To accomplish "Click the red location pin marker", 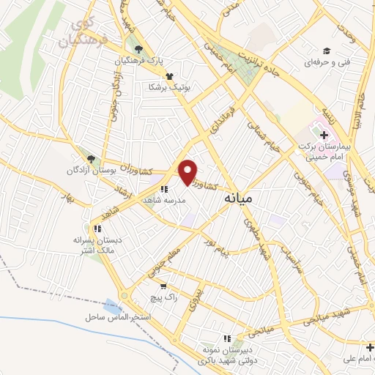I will tap(188, 171).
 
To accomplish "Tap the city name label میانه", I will tap(238, 198).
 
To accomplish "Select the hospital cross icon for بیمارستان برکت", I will tap(324, 134).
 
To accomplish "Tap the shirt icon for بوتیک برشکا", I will tap(170, 75).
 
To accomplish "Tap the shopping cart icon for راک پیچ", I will tap(163, 286).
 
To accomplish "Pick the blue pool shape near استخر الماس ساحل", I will tap(112, 304).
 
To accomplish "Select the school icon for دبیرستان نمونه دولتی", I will tap(227, 338).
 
